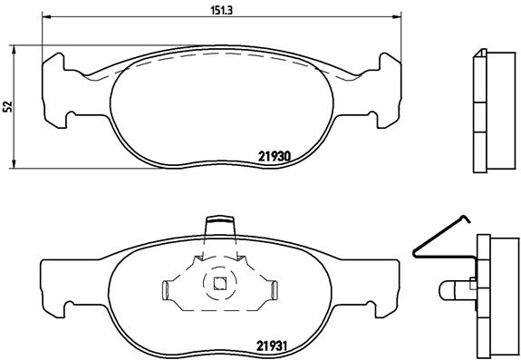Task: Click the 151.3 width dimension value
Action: tap(222, 10)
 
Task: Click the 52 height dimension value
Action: tap(7, 106)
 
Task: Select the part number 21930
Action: tap(275, 156)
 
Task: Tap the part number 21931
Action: tap(272, 346)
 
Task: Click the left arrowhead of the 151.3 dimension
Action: tap(47, 16)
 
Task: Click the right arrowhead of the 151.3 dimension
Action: tap(397, 16)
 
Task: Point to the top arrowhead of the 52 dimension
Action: tap(14, 50)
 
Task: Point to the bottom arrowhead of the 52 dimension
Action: tap(14, 164)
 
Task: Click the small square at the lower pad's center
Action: tap(219, 283)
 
